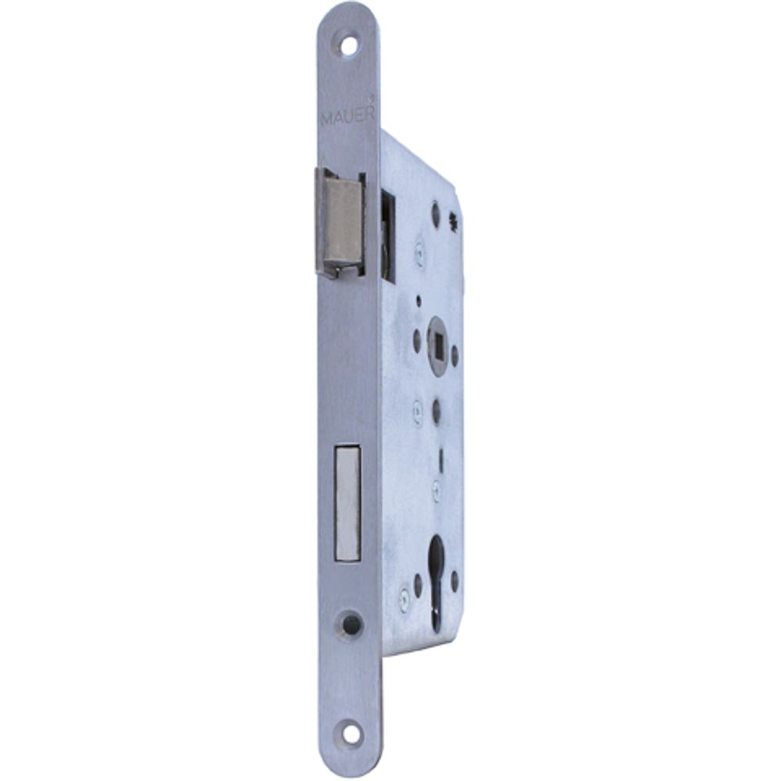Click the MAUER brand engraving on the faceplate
[x=348, y=116]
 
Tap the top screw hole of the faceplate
[x=350, y=45]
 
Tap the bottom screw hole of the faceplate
[x=351, y=733]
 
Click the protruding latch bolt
[x=341, y=223]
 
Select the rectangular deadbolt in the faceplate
[x=348, y=503]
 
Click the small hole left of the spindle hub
[x=417, y=339]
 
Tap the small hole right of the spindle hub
[x=455, y=355]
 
